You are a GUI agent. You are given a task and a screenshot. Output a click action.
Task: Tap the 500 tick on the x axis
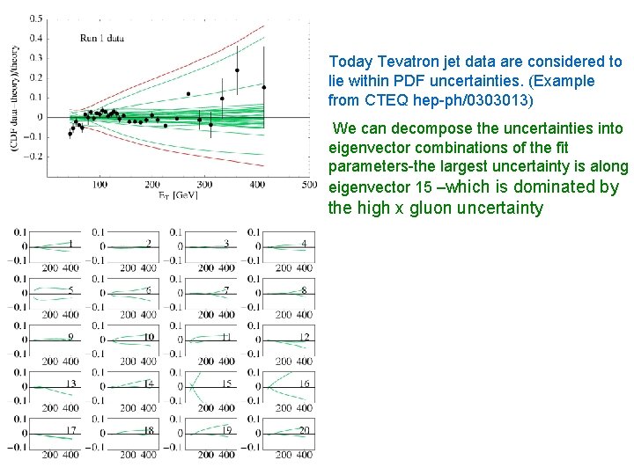[309, 184]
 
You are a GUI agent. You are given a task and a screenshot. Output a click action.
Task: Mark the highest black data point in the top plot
[237, 70]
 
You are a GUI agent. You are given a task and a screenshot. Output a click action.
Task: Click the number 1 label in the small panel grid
[70, 244]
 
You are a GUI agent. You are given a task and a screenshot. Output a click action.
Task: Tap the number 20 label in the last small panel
[303, 430]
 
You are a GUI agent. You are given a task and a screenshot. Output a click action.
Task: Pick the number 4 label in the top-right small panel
[303, 244]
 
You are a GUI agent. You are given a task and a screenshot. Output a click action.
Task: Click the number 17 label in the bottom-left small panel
[70, 430]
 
